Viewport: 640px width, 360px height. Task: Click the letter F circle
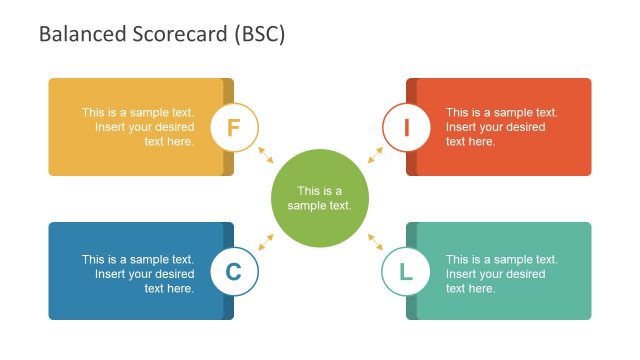235,127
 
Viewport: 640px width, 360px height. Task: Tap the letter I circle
406,127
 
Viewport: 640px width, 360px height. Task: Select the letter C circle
235,271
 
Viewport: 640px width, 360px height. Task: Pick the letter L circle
406,271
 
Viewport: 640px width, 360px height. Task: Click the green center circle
320,198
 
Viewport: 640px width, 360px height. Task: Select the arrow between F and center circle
265,154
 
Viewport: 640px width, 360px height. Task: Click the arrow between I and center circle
375,154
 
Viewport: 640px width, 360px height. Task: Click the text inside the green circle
320,198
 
